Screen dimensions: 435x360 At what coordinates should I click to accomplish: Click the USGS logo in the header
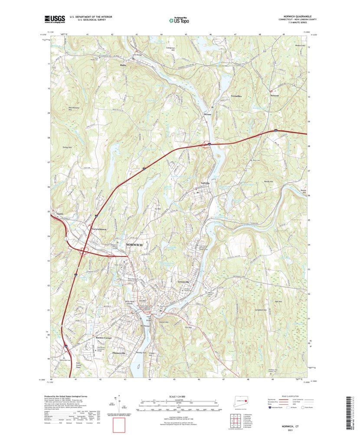[54, 19]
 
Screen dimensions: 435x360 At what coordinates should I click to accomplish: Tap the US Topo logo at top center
[179, 19]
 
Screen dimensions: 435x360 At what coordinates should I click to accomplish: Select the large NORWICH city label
[134, 245]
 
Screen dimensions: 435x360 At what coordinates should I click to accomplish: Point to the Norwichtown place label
[98, 229]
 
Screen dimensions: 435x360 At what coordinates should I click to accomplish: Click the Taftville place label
[205, 183]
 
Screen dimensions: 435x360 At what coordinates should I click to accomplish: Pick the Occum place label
[207, 114]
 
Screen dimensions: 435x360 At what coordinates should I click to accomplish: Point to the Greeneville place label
[185, 281]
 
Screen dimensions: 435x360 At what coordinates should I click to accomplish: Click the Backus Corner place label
[104, 338]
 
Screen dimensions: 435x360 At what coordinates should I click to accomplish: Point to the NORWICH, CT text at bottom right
[291, 427]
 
